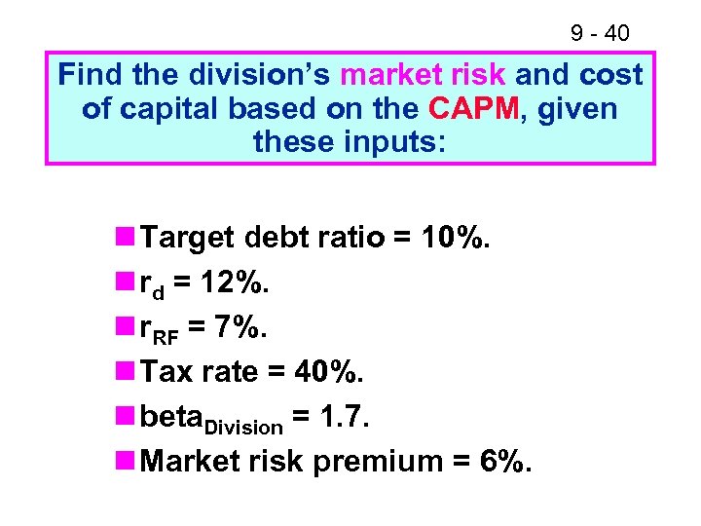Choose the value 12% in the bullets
click(x=236, y=282)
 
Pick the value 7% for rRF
click(x=238, y=327)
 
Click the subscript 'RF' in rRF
click(x=169, y=335)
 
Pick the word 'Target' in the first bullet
click(x=187, y=238)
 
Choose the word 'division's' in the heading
click(x=249, y=75)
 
